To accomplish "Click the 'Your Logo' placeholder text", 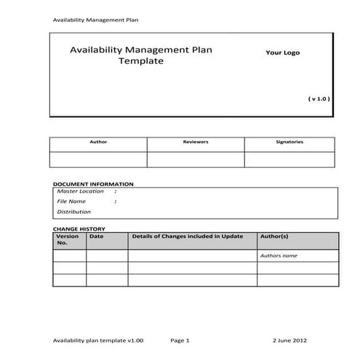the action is [x=281, y=52].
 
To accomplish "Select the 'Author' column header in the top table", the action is [x=97, y=142].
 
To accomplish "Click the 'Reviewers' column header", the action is [x=196, y=142].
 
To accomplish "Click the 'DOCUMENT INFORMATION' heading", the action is [x=93, y=184].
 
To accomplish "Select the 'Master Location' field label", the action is [x=81, y=191].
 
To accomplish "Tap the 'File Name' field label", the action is [x=71, y=201].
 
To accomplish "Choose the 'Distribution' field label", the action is [x=74, y=212].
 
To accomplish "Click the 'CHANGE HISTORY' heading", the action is [x=79, y=228].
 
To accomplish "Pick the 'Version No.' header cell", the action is [x=68, y=239].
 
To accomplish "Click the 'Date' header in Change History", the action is [x=97, y=236].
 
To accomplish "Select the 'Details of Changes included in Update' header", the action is [x=187, y=236].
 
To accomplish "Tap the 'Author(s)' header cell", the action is [x=274, y=236].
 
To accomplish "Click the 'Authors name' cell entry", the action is [x=279, y=256].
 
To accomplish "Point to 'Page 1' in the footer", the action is [x=180, y=340].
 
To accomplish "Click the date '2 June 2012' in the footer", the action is [x=290, y=340].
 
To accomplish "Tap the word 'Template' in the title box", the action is [x=141, y=62].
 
